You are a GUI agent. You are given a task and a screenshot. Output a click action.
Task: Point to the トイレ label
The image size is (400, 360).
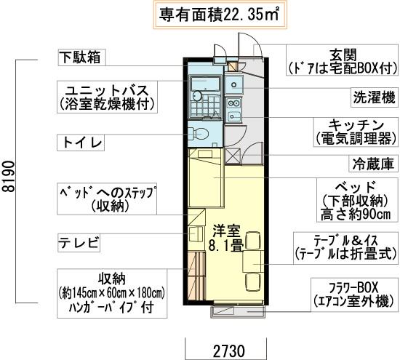click(83, 140)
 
